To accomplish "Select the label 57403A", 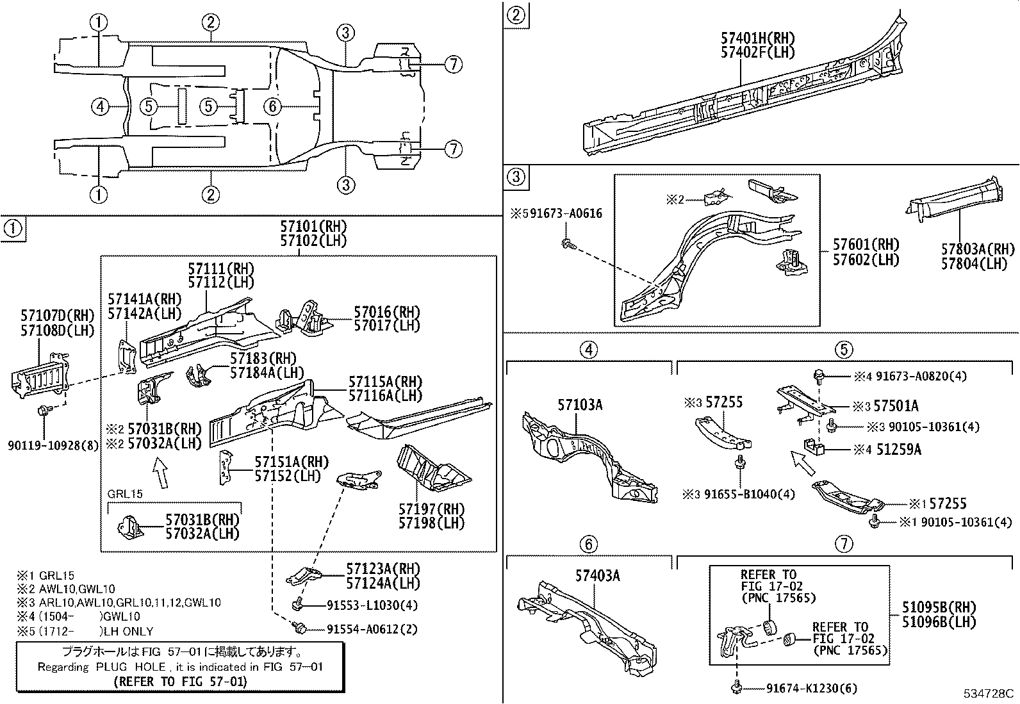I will click(x=598, y=575).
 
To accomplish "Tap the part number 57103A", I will click(x=580, y=405).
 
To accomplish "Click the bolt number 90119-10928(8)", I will click(x=54, y=446).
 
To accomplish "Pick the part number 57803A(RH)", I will click(x=978, y=249).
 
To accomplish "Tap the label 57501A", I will click(x=896, y=405).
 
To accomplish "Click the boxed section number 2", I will click(x=516, y=14).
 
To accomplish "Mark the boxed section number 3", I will click(x=516, y=177).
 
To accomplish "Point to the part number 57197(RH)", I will click(x=432, y=509).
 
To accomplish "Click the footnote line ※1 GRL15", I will click(x=46, y=576).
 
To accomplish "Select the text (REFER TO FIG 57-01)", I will click(x=180, y=682).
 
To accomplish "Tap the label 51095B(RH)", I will click(x=939, y=607).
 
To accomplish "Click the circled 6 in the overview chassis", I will click(x=273, y=106).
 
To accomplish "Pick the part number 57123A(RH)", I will click(x=383, y=569).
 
